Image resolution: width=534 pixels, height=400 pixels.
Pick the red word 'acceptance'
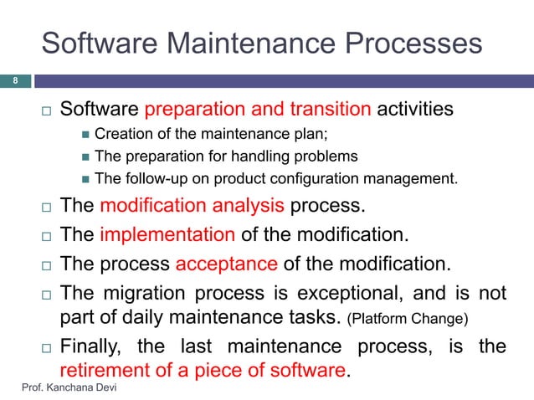[227, 265]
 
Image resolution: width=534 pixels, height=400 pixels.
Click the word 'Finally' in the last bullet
[95, 346]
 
